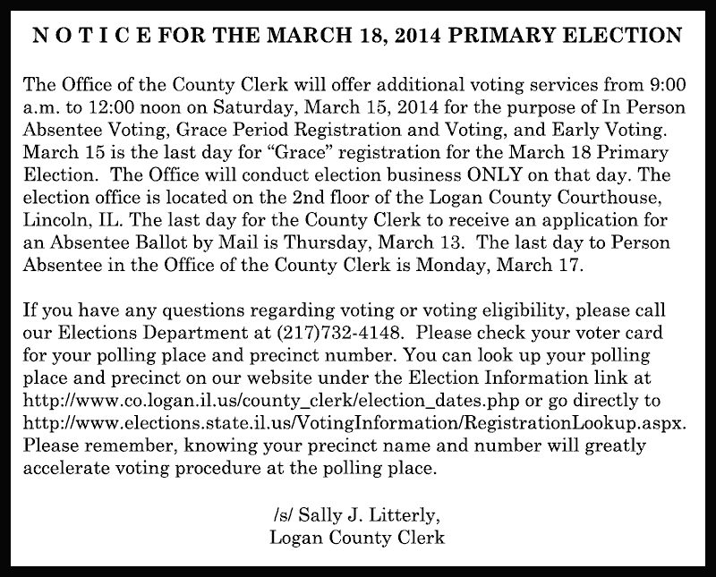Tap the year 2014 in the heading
pyautogui.click(x=398, y=38)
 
